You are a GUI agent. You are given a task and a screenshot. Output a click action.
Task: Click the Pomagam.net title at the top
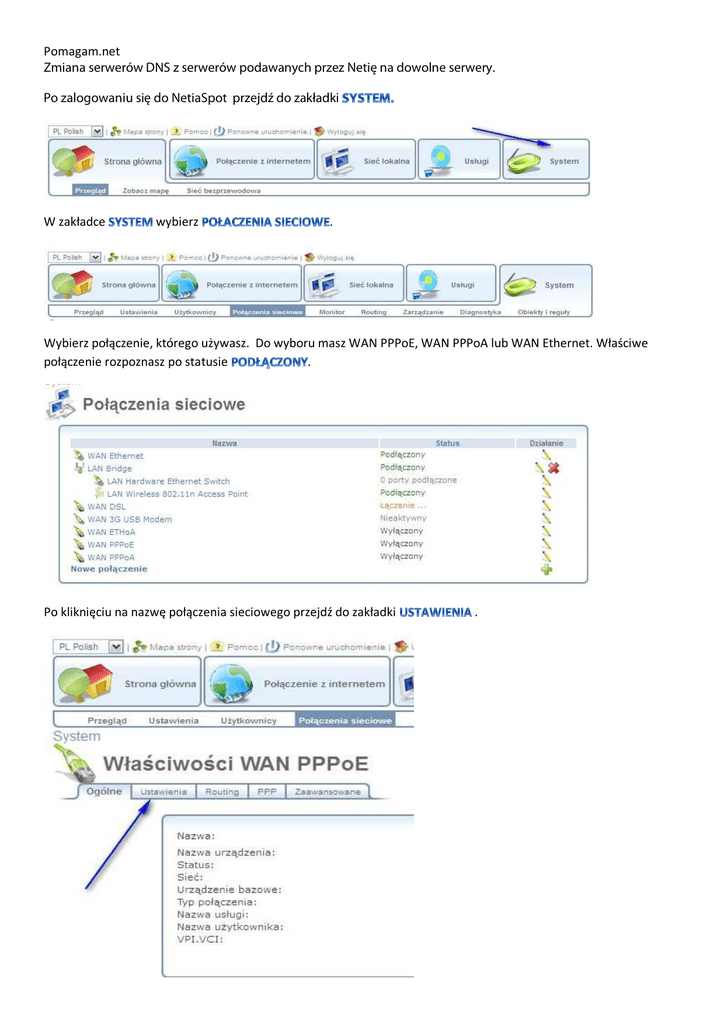point(82,50)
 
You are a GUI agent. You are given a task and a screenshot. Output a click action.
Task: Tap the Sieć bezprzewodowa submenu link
point(224,190)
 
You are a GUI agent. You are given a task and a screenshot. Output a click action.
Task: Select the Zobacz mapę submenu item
point(146,190)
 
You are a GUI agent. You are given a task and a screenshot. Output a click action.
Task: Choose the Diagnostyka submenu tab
point(480,312)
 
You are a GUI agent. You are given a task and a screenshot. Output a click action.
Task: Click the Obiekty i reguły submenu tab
point(543,312)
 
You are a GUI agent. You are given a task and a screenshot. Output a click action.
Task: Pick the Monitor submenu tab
point(331,312)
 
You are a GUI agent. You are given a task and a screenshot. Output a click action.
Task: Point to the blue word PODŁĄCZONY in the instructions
point(269,361)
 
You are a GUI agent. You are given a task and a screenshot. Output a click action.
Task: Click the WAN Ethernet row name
point(115,456)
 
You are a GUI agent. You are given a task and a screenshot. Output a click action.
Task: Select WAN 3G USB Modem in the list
point(129,519)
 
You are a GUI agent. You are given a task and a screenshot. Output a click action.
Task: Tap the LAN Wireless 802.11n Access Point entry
point(177,494)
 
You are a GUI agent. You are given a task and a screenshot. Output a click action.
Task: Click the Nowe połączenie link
point(109,569)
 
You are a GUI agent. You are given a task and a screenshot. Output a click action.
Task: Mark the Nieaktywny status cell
point(403,519)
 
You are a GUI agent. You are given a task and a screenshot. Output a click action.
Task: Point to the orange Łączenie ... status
point(403,506)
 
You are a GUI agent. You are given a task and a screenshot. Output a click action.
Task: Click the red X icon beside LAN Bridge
point(553,468)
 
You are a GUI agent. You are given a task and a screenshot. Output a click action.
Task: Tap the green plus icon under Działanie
point(546,569)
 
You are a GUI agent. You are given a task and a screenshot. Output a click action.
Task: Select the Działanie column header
point(546,443)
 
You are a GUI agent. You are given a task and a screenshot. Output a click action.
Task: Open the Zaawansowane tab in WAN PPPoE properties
point(326,792)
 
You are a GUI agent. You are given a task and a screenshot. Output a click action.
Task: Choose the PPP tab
point(266,792)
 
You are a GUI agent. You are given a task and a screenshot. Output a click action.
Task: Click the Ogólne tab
point(103,792)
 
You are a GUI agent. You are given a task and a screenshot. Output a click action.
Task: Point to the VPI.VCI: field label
point(200,940)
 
